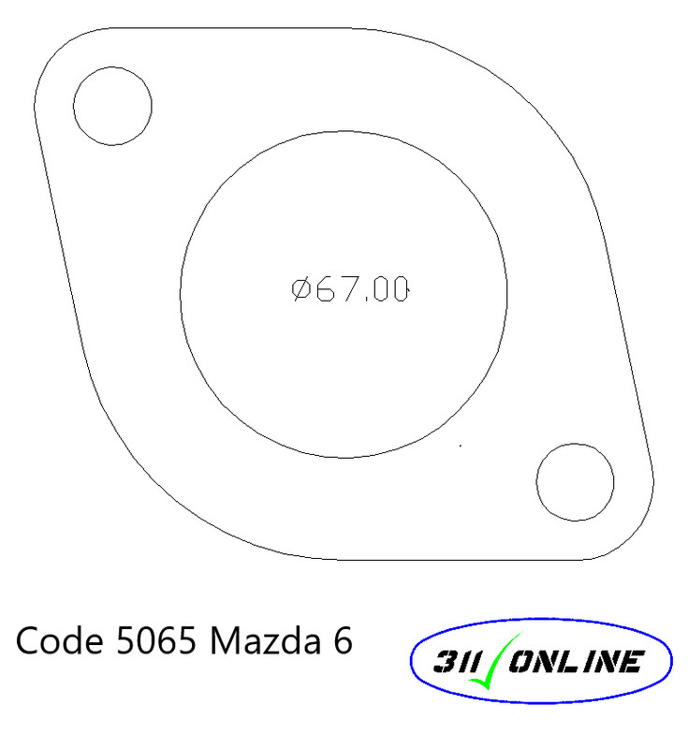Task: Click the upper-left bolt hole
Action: coord(112,105)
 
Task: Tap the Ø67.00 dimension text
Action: coord(350,289)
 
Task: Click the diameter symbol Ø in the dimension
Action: coord(301,289)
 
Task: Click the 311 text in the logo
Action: coord(456,663)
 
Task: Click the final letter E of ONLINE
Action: coord(631,663)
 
